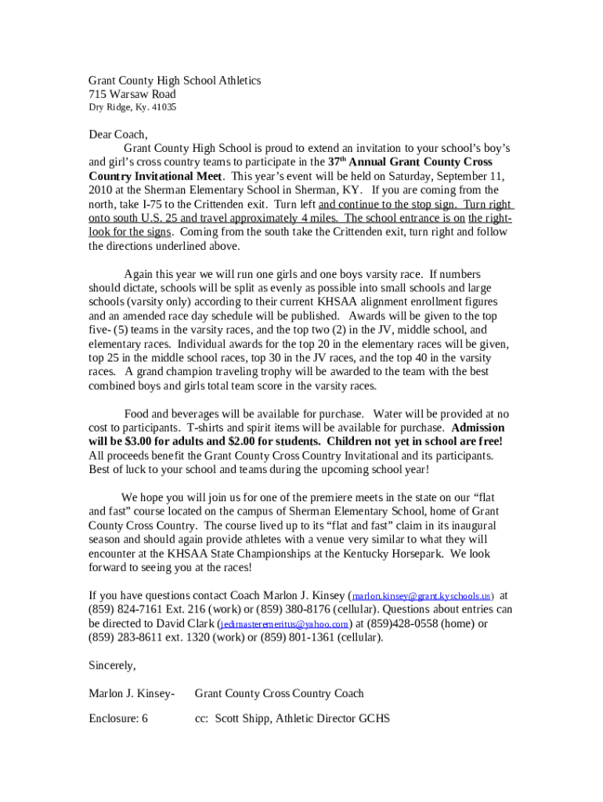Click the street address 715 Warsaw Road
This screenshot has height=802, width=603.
[132, 95]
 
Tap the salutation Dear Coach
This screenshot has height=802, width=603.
[117, 134]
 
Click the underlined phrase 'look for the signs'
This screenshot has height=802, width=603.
[129, 232]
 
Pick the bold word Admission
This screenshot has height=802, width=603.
[478, 428]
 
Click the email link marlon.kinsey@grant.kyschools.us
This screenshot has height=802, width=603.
[422, 596]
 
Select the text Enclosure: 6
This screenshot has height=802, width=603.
[118, 718]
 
